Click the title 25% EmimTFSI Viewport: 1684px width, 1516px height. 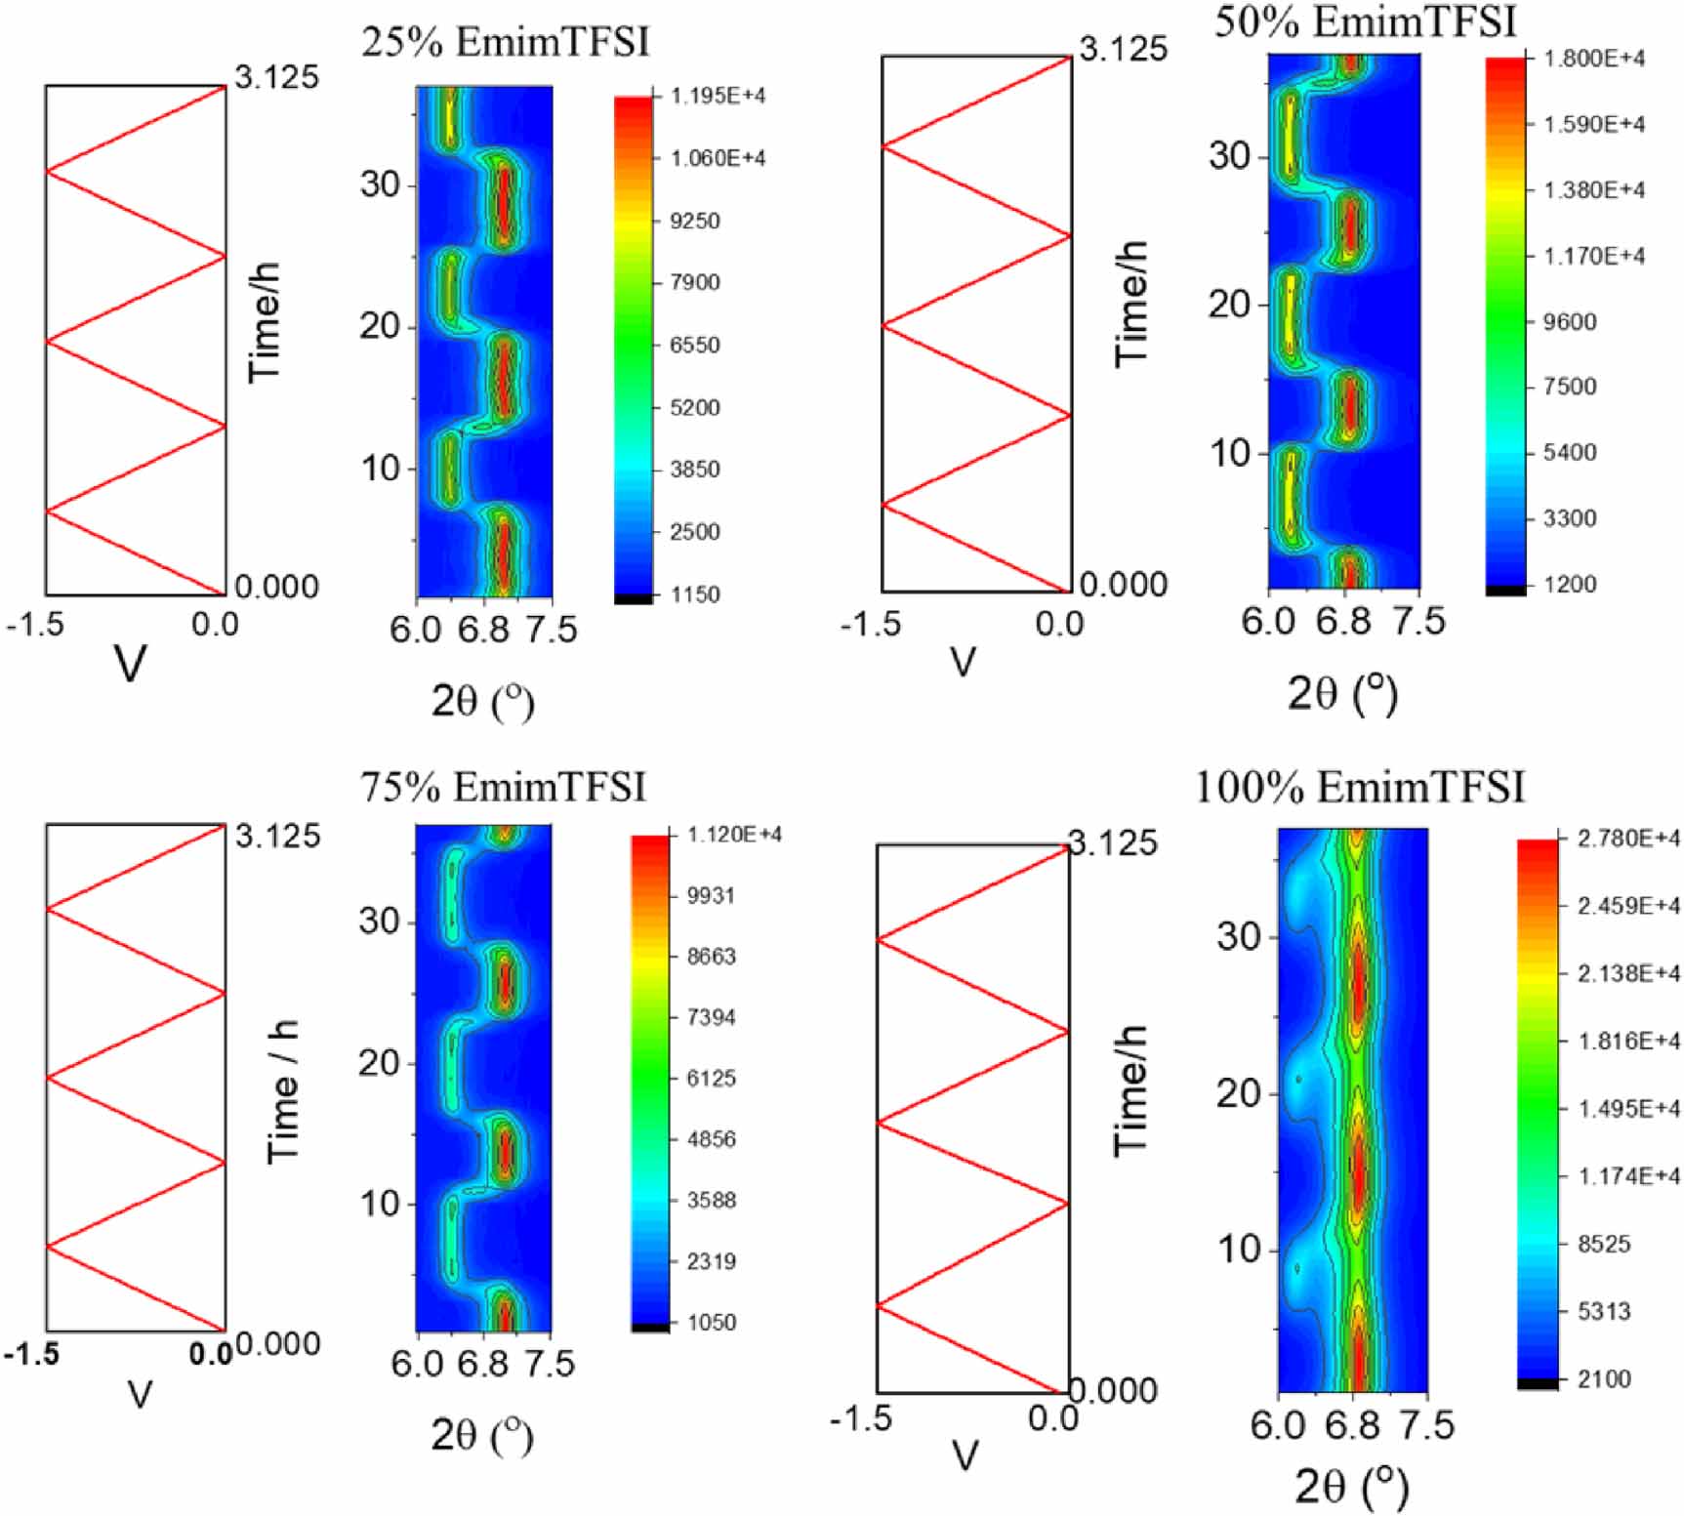click(505, 42)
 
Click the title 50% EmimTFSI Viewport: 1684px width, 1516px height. click(1364, 21)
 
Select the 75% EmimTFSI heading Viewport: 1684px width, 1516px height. click(503, 787)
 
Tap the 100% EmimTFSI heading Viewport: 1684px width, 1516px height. click(1359, 788)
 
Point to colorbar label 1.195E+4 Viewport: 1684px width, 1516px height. click(718, 96)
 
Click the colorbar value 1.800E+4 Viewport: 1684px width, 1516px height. click(1593, 59)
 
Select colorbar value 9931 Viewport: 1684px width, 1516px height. click(711, 895)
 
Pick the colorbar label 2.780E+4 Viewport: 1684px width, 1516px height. click(1628, 839)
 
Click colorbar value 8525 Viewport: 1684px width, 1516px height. click(1604, 1244)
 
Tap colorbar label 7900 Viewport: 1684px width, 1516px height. click(694, 282)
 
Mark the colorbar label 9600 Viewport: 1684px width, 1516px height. click(1569, 321)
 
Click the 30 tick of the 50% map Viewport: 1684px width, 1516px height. click(1230, 155)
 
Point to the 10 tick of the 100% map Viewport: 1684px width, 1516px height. click(1240, 1250)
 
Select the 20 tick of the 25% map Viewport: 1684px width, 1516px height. click(381, 326)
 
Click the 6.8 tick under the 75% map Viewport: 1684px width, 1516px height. click(483, 1364)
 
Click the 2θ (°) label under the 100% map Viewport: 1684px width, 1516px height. click(1352, 1487)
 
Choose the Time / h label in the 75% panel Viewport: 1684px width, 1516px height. click(282, 1090)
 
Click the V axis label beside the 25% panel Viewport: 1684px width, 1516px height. click(131, 664)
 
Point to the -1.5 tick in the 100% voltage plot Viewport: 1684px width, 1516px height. click(860, 1418)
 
